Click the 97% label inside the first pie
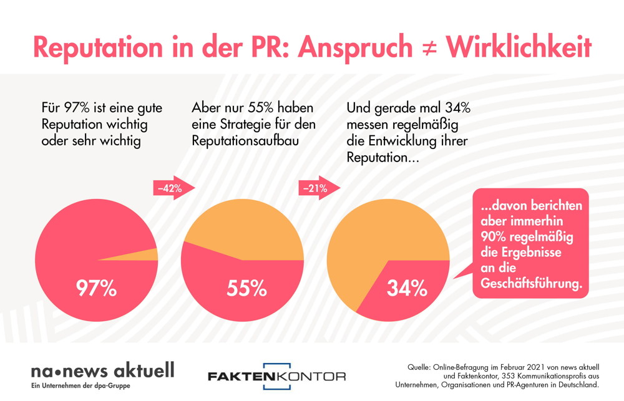tap(96, 288)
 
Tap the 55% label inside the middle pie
tap(246, 288)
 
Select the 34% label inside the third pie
tap(407, 288)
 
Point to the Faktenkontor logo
tap(276, 376)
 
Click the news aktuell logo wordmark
tap(103, 371)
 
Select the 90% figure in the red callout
tap(494, 237)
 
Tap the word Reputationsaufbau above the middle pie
tap(245, 141)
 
